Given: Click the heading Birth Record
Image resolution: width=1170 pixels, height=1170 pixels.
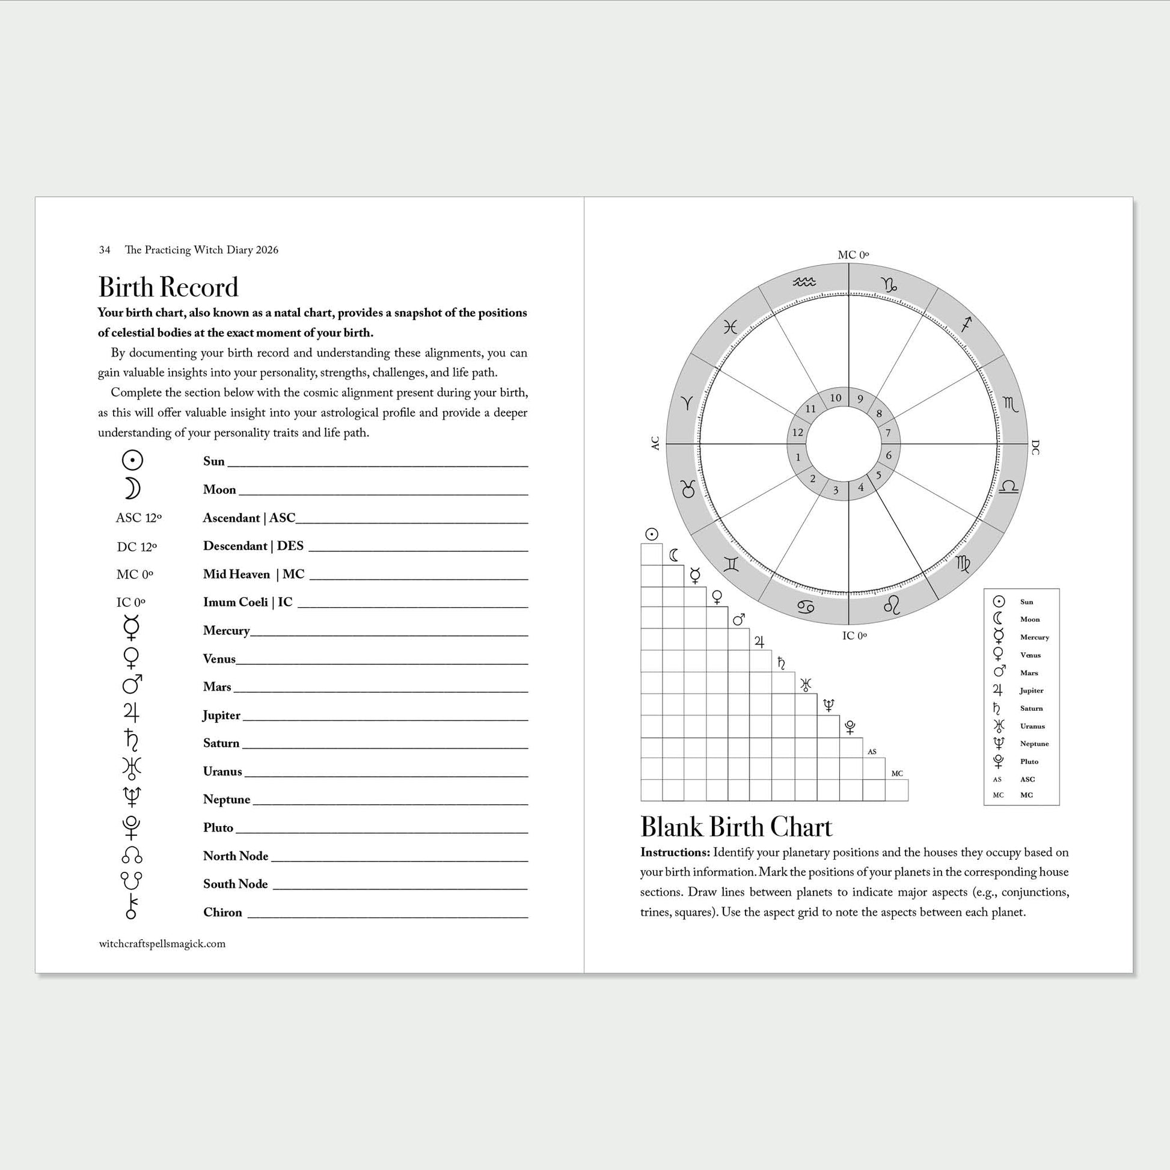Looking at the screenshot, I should click(168, 287).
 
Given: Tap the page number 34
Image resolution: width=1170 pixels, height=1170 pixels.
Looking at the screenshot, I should click(105, 250).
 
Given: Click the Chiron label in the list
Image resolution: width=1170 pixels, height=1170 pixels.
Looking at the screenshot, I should click(222, 912).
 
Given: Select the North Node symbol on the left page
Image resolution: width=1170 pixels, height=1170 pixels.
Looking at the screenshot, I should click(132, 855).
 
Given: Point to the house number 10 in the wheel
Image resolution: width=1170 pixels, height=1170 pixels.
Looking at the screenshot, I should click(836, 398).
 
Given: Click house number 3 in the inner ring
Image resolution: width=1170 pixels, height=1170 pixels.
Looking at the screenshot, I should click(836, 491).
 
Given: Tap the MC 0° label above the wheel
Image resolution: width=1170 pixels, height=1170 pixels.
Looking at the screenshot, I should click(853, 255).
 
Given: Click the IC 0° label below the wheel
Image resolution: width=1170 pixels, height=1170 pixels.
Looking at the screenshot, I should click(854, 636).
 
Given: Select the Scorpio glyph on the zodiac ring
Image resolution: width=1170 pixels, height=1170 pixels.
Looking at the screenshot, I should click(1010, 405).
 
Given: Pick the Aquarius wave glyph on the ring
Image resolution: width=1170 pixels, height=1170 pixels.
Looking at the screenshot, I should click(804, 282).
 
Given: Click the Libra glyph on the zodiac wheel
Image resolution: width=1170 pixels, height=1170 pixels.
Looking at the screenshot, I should click(1008, 487).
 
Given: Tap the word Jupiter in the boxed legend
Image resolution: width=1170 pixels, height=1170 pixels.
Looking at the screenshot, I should click(1031, 690).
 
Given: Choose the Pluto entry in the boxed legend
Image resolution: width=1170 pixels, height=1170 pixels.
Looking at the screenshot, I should click(1029, 761).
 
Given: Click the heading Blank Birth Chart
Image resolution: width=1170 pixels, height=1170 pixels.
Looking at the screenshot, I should click(736, 827).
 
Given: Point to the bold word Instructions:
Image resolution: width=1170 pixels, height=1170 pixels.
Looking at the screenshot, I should click(675, 852).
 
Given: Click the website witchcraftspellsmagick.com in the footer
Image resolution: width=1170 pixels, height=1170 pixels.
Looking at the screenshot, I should click(162, 943).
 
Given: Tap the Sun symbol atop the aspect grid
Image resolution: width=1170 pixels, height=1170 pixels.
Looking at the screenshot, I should click(652, 534).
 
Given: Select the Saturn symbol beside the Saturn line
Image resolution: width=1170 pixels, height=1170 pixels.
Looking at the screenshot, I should click(132, 740).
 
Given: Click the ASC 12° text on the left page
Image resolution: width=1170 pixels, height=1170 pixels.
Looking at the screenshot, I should click(139, 518).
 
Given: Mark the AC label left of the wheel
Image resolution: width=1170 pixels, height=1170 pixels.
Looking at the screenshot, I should click(655, 443).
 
